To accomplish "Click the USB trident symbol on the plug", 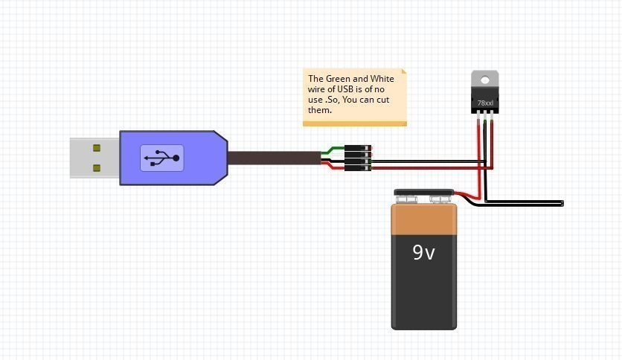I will tap(161, 158).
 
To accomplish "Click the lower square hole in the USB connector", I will tap(96, 167).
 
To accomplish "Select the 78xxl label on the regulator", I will tap(485, 103).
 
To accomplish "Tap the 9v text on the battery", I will tap(424, 253).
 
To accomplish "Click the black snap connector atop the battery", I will tap(423, 196).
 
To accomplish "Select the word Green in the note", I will tap(341, 79).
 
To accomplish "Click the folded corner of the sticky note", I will tap(404, 72).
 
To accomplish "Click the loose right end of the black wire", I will tap(562, 202).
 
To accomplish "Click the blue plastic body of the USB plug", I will tap(201, 158).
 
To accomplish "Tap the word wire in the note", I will tap(316, 89).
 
